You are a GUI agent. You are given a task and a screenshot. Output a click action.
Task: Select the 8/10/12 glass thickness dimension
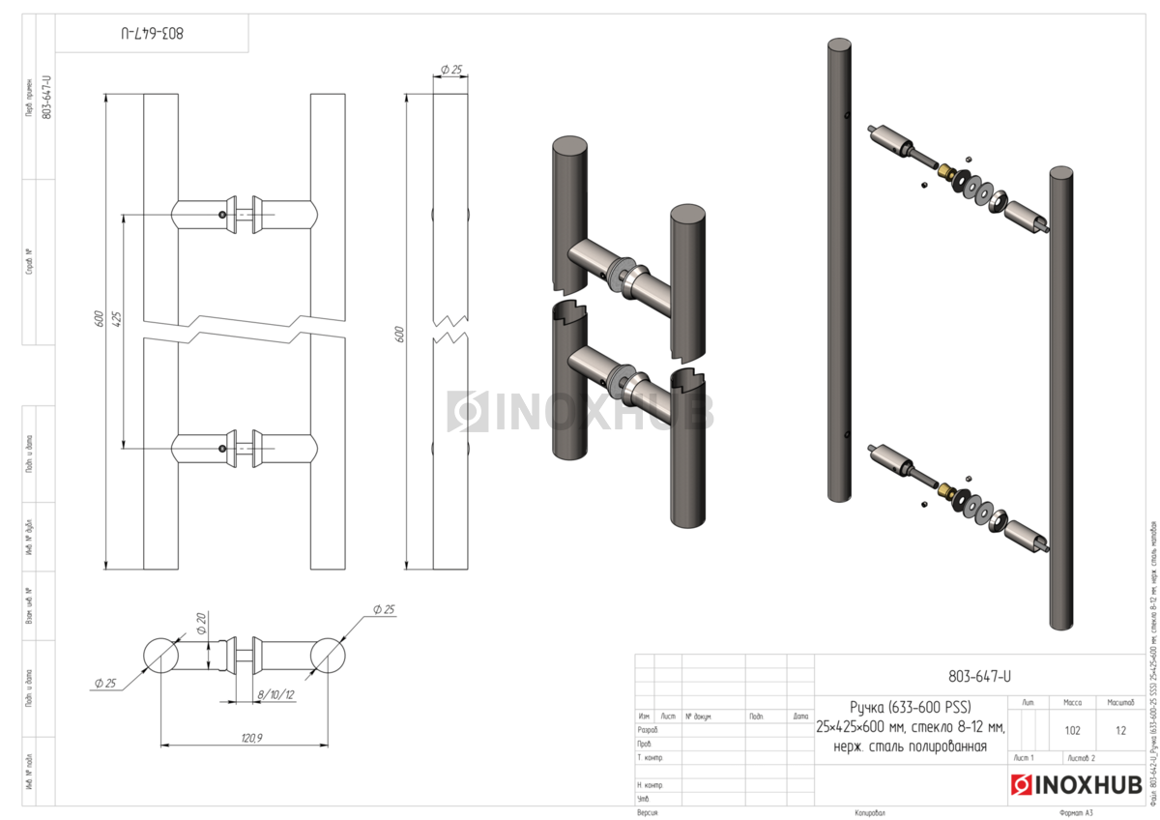pyautogui.click(x=275, y=694)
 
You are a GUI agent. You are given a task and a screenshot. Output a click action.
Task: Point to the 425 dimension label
pyautogui.click(x=117, y=320)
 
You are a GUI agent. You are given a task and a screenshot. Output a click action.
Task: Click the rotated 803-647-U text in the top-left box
pyautogui.click(x=153, y=33)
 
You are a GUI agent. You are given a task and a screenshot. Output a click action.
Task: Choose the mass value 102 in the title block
pyautogui.click(x=1072, y=730)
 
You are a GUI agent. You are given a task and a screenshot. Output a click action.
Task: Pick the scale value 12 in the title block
pyautogui.click(x=1120, y=730)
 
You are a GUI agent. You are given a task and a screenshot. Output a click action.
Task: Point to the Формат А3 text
pyautogui.click(x=1075, y=813)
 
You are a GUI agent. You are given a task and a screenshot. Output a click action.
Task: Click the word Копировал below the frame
pyautogui.click(x=870, y=813)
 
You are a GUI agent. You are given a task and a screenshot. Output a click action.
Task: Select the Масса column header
pyautogui.click(x=1072, y=702)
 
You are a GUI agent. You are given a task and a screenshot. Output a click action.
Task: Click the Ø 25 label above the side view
pyautogui.click(x=450, y=70)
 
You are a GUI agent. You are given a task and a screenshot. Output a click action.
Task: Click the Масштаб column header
pyautogui.click(x=1120, y=702)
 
